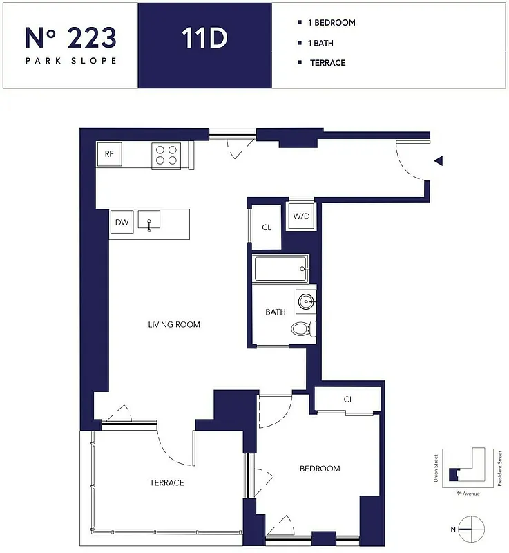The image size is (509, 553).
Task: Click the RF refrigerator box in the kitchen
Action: [x=109, y=154]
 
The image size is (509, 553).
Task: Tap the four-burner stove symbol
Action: [x=166, y=156]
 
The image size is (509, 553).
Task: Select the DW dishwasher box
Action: [x=122, y=223]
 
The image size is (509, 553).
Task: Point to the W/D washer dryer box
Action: [x=301, y=216]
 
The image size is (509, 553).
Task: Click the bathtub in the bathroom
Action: [x=280, y=268]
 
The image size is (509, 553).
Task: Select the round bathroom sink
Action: [x=307, y=301]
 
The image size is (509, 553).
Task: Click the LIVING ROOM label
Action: [x=174, y=324]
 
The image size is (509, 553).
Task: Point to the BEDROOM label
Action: [x=320, y=469]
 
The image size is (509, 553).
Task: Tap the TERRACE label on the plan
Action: [x=167, y=482]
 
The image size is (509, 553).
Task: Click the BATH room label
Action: [x=276, y=312]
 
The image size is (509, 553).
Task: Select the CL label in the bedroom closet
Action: [x=348, y=400]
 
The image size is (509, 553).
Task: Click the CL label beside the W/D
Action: [x=267, y=227]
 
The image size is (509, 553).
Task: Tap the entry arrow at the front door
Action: [x=438, y=161]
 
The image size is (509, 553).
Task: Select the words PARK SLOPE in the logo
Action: [x=70, y=60]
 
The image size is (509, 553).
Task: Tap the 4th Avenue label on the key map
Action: [x=468, y=494]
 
